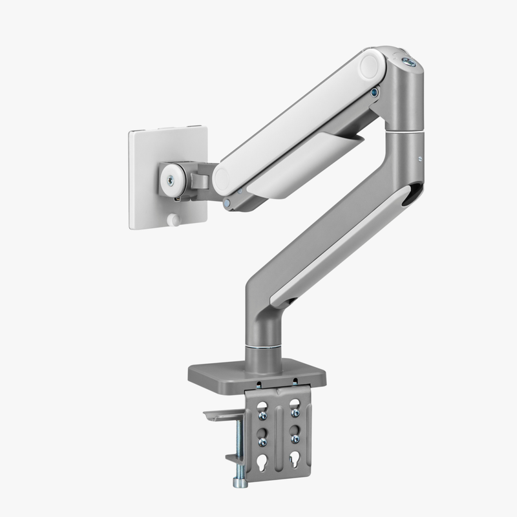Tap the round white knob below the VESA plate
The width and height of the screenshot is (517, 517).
[173, 220]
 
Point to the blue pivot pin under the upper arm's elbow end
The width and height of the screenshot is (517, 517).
[375, 92]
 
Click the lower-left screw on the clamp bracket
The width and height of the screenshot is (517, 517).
[262, 441]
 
